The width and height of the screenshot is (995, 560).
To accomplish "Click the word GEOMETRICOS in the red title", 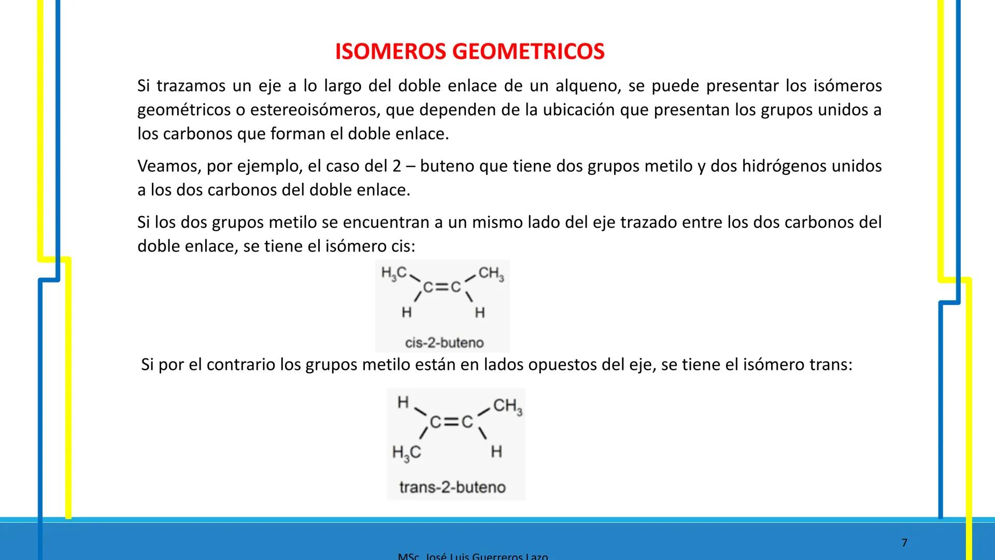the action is coord(528,52).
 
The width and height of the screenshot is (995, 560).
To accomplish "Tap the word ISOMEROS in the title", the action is coord(391,52).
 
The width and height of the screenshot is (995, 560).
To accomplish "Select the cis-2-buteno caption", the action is coord(444,343).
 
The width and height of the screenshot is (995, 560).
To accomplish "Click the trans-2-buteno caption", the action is coord(452,487).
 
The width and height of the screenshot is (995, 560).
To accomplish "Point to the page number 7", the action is coord(904,543).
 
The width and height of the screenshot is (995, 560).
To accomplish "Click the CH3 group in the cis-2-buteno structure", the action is coord(491,274).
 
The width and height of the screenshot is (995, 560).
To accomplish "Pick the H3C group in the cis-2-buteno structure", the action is coord(394,273).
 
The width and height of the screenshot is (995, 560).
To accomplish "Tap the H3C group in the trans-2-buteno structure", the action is coord(406,453).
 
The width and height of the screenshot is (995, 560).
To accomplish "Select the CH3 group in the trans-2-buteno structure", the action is coord(507,406).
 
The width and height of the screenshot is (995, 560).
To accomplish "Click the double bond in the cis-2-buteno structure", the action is coord(442,287).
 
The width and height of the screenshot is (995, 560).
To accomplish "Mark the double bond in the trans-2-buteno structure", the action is coord(452,422).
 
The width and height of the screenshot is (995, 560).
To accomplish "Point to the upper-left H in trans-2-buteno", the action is coord(403,402).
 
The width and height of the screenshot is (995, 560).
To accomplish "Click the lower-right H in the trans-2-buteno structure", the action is coord(496,452).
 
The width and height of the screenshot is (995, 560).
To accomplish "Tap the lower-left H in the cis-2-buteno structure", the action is coord(407,312).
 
